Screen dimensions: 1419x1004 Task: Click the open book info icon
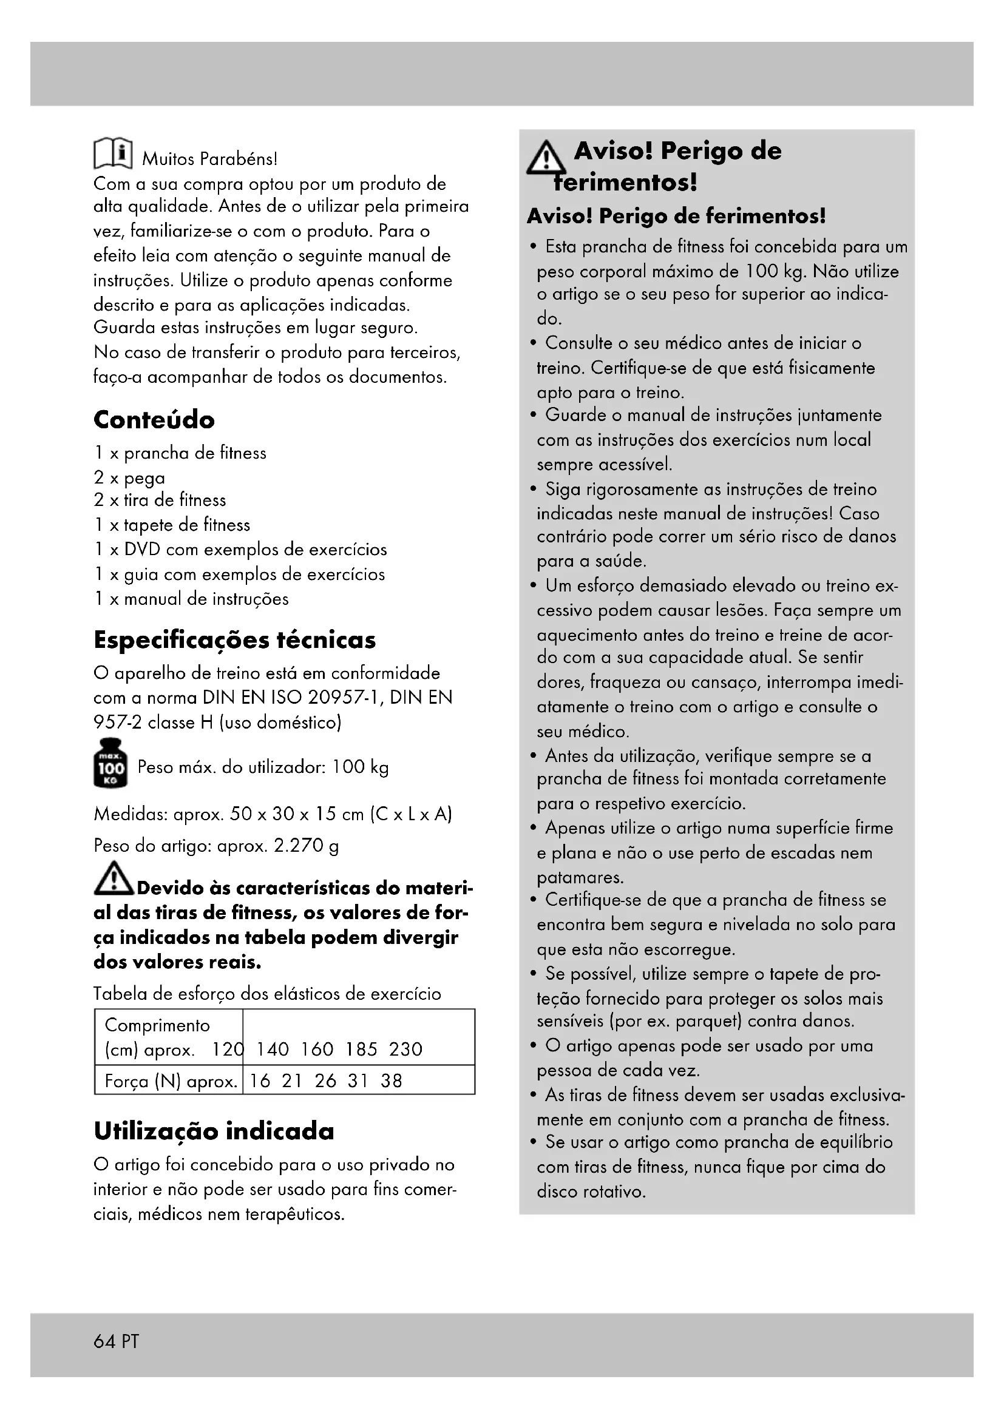(112, 153)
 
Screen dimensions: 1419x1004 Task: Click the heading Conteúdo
(154, 420)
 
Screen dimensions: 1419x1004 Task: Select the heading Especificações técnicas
(234, 639)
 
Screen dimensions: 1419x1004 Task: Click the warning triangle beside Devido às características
(113, 879)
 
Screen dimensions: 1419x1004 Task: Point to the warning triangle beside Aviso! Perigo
(545, 159)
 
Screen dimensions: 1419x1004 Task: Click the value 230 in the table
(405, 1049)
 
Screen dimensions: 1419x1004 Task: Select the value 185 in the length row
(361, 1049)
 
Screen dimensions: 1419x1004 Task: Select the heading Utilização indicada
(213, 1131)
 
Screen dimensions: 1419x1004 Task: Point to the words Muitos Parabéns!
(209, 159)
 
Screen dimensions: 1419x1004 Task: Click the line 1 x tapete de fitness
(172, 525)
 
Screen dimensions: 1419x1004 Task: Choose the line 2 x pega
(129, 477)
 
